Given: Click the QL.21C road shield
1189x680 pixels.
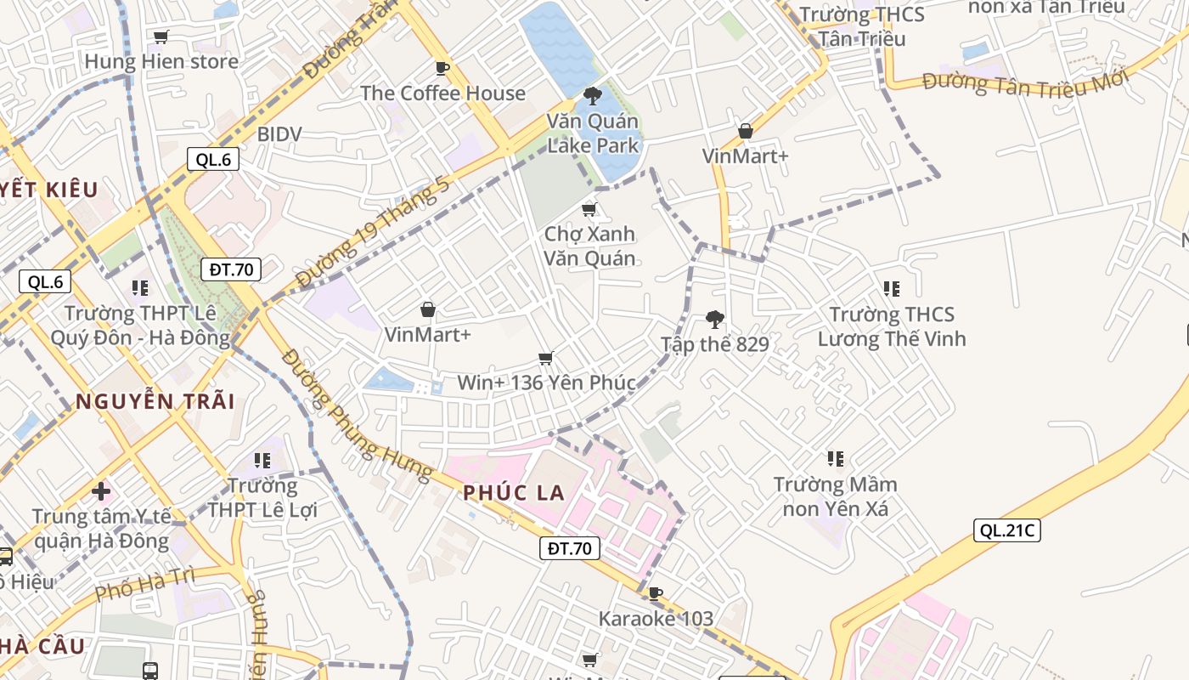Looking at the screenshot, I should tap(1006, 530).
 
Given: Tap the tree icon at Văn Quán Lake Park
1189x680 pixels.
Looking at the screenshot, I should tap(592, 95).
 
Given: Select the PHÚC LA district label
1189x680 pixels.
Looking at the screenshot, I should tap(514, 493).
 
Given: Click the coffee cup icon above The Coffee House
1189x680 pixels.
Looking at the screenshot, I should tap(442, 68).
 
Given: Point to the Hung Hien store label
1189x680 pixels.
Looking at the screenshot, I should tap(161, 61).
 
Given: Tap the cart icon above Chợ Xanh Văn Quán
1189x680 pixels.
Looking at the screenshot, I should tap(589, 209).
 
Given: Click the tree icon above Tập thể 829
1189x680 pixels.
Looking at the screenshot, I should tap(715, 320).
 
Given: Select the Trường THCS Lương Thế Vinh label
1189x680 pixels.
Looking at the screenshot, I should tap(892, 327).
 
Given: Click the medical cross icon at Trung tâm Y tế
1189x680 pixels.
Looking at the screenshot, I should tap(101, 490).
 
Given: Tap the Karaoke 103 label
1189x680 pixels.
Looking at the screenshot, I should tap(656, 618).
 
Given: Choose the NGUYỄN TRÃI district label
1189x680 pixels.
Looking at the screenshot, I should tap(155, 401).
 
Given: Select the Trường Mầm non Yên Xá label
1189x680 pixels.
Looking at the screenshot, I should tap(835, 496).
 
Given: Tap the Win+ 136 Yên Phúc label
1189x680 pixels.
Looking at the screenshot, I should tap(546, 382).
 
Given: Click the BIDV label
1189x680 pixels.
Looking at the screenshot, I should tap(279, 133).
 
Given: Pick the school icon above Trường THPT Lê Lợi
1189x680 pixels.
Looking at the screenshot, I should tap(262, 461).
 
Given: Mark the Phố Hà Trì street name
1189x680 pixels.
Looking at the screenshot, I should tap(145, 585).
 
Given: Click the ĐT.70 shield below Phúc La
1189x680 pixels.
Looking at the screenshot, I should tap(570, 548).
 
